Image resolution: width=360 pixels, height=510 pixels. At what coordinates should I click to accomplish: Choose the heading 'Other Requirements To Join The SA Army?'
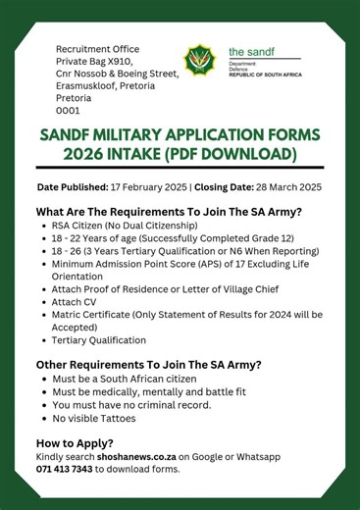pyautogui.click(x=148, y=364)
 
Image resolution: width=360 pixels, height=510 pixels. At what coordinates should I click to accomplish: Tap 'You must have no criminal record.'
pyautogui.click(x=147, y=404)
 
